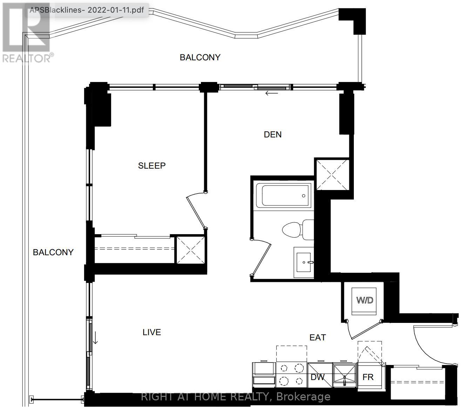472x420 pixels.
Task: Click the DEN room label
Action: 272,134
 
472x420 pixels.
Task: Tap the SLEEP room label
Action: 152,165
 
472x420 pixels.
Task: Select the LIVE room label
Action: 152,332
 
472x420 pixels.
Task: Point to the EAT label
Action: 318,337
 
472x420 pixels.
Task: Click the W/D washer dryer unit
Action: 364,302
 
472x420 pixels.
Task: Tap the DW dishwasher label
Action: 318,377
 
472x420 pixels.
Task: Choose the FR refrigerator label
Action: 368,377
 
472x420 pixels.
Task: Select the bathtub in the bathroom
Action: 284,195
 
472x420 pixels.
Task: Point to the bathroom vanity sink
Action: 304,262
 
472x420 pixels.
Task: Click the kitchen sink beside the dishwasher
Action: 345,375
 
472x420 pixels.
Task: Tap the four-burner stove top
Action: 291,375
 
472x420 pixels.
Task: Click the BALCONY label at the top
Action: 200,57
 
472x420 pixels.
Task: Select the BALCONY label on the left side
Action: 53,252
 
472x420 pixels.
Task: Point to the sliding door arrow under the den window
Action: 272,93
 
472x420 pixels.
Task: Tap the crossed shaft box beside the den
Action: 332,174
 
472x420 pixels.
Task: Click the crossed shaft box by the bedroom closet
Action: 190,250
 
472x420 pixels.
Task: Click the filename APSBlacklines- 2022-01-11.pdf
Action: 87,10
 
